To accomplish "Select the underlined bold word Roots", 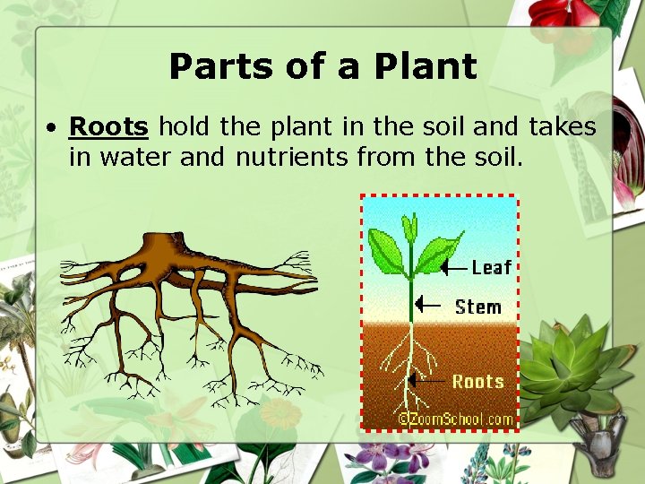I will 108,127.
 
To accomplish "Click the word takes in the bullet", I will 562,127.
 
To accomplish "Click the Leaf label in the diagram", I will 491,267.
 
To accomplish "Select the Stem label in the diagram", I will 477,307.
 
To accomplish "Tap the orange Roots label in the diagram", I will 477,382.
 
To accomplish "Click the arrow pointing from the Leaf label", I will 454,266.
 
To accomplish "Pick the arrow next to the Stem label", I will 429,305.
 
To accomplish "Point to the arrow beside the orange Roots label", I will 428,381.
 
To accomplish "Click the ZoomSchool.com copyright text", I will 456,419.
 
